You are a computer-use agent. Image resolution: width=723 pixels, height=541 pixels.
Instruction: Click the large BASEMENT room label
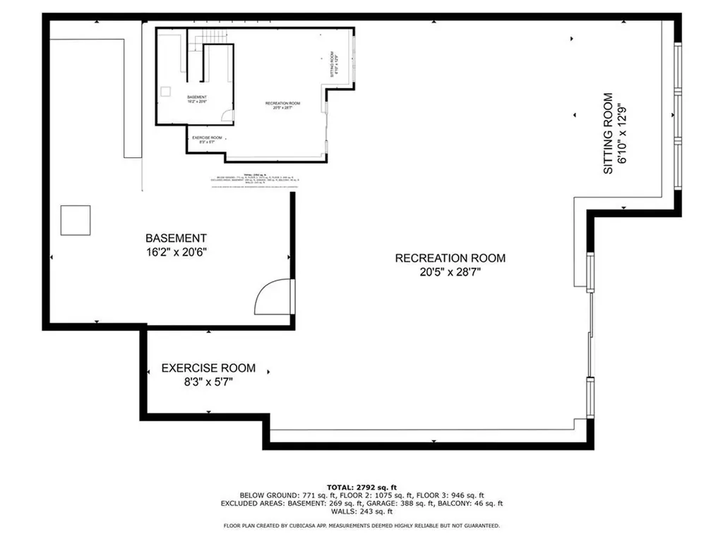coord(176,238)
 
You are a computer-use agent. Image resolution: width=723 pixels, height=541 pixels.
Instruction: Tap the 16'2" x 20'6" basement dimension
coord(176,253)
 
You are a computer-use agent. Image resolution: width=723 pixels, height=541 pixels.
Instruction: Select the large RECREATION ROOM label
coord(450,258)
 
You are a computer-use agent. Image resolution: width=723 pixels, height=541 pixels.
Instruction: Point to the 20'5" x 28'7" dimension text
coord(450,272)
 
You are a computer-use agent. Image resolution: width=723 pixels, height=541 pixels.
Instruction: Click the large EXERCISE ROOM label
coord(208,368)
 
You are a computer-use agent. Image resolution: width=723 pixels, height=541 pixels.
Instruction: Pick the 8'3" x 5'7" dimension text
coord(208,382)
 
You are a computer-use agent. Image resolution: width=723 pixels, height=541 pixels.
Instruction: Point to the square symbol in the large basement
coord(75,220)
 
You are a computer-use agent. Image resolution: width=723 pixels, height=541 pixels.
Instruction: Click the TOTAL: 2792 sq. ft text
coord(361,487)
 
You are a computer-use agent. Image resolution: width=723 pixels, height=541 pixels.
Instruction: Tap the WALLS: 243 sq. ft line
coord(361,512)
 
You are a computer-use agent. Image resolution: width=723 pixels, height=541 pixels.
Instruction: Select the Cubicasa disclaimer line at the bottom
coord(361,525)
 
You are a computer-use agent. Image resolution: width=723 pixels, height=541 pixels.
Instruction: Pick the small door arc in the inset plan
coord(227,116)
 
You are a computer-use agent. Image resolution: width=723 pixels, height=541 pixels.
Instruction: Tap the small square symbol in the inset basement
coord(166,90)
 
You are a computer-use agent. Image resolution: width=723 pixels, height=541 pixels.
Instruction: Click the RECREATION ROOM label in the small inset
coord(277,104)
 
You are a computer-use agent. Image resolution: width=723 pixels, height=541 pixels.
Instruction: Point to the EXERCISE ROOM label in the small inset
coord(207,138)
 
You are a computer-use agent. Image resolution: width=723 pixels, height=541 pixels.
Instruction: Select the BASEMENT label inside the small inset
coord(197,97)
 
